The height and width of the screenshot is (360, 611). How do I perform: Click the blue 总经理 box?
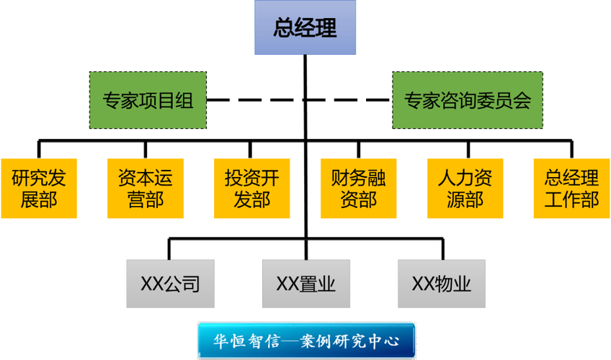tap(305, 29)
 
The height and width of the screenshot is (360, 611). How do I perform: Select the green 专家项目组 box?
tap(148, 100)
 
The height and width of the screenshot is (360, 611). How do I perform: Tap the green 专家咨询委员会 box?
tap(467, 100)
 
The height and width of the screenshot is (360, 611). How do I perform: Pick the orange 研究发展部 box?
tap(39, 188)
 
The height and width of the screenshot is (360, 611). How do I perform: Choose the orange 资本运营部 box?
tap(146, 188)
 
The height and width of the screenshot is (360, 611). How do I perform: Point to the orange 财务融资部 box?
tap(358, 188)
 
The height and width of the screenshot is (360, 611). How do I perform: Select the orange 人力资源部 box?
tap(465, 188)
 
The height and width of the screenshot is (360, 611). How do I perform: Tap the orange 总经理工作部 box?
tap(571, 188)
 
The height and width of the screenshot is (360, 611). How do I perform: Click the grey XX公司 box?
tap(170, 284)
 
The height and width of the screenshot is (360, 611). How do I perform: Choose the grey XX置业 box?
tap(305, 284)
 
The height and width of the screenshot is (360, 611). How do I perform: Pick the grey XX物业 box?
tap(441, 284)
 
